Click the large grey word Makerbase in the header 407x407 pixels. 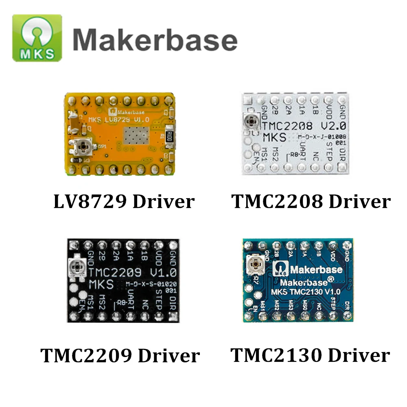[x=155, y=40]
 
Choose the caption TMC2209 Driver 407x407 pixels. [x=120, y=356]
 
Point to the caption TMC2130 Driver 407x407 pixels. [x=310, y=355]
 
